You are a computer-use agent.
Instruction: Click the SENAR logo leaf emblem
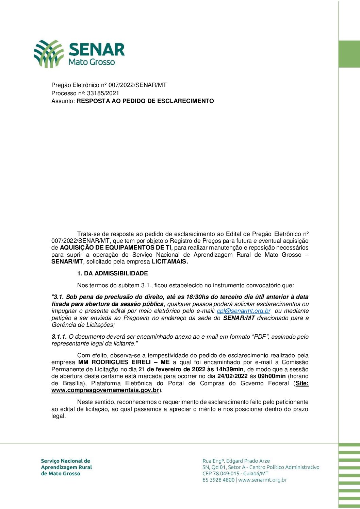point(48,53)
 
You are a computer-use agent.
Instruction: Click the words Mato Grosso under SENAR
point(92,62)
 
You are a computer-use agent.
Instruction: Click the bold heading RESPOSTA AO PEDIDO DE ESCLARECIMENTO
point(145,101)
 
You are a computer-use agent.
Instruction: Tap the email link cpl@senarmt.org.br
point(244,311)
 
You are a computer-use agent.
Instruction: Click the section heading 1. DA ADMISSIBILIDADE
point(113,273)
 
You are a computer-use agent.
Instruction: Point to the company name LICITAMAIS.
point(170,262)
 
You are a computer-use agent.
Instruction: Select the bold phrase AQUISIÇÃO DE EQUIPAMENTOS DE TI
point(116,248)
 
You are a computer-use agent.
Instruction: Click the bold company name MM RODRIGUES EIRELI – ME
point(124,362)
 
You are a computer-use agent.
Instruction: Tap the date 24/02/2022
point(232,376)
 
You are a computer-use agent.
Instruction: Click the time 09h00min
point(272,376)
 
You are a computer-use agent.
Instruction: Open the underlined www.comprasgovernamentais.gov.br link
point(105,390)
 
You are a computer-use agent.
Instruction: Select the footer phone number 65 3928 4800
point(218,480)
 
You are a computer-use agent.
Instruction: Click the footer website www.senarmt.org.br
point(262,480)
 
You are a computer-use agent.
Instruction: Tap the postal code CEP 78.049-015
point(223,474)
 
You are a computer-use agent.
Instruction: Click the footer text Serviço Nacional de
point(65,461)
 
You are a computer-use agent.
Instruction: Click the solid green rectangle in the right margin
point(349,54)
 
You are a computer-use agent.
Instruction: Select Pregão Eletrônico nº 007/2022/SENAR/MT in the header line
point(109,85)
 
